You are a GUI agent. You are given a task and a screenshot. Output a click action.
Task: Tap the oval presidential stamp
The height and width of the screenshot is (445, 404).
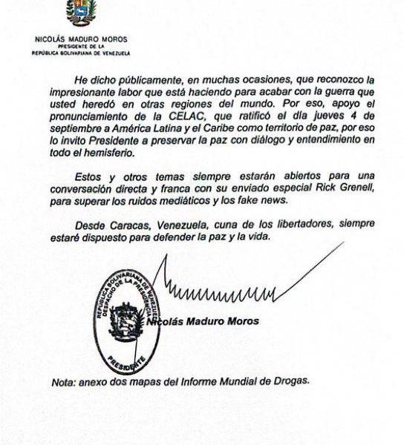coord(126,320)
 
